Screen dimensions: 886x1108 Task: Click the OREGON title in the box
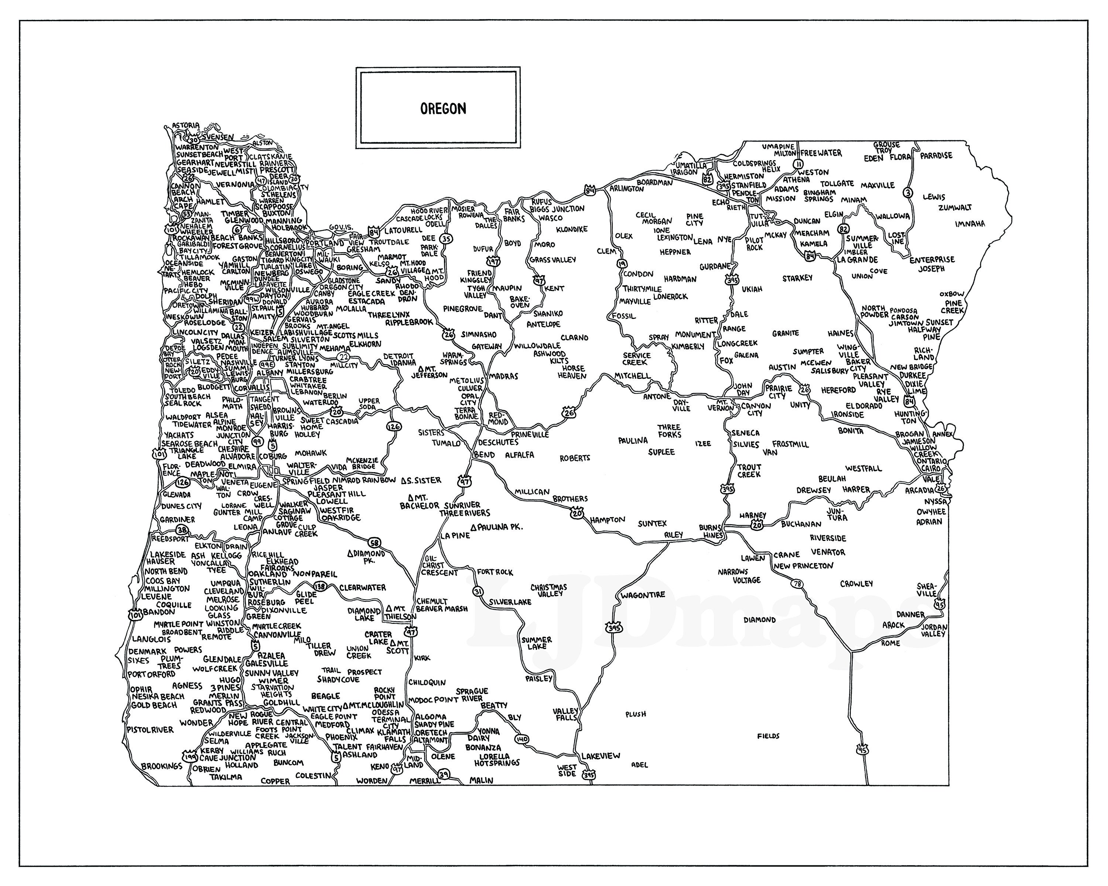tap(443, 109)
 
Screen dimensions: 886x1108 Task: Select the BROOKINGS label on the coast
tap(162, 766)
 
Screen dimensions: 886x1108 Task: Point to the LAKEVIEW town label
tap(601, 756)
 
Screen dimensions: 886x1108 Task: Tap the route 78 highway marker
tap(797, 584)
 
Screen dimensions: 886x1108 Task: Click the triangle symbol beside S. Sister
tap(404, 481)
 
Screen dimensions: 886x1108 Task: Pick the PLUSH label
tap(636, 714)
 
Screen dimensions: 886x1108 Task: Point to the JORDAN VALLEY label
tap(934, 631)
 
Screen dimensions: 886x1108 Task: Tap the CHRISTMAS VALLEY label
tap(549, 590)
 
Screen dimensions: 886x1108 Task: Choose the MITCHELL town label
tap(632, 376)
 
